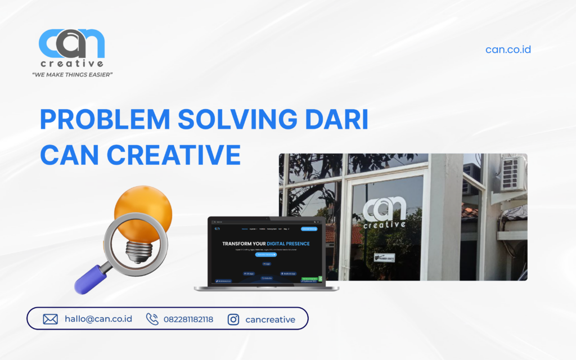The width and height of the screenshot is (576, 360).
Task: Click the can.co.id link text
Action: (x=508, y=49)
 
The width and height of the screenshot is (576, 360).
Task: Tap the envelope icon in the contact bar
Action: (x=51, y=319)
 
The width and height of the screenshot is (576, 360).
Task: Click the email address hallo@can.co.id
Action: (x=98, y=319)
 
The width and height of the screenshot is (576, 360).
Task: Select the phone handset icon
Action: (x=152, y=319)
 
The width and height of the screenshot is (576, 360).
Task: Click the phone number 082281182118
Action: (x=188, y=319)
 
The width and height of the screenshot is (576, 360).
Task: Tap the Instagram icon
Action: (x=233, y=319)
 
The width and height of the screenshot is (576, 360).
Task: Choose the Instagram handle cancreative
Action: (x=270, y=319)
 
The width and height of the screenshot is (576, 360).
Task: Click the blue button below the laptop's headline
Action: (x=266, y=254)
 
